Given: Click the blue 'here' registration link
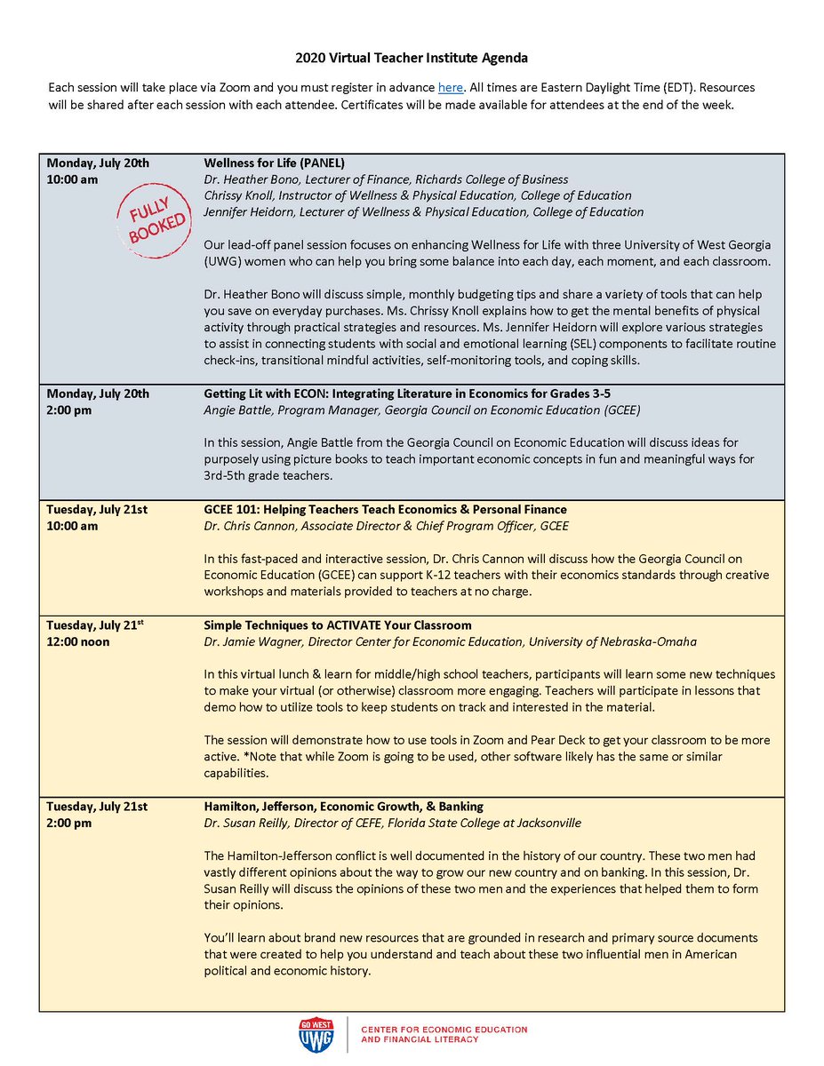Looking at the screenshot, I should click(x=450, y=88).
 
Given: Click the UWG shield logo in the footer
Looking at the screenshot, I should click(x=316, y=1034).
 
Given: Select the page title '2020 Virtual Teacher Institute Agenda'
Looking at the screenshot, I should click(x=412, y=59).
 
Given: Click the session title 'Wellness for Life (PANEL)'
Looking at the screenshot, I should click(x=275, y=163).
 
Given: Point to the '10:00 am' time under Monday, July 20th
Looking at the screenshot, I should click(x=72, y=179).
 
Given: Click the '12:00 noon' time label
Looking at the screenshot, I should click(x=78, y=641).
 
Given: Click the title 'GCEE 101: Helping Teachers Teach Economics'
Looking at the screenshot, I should click(x=385, y=509).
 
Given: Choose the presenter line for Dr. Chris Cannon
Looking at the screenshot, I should click(x=386, y=526).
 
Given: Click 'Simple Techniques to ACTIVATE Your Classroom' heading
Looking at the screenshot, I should click(x=338, y=625).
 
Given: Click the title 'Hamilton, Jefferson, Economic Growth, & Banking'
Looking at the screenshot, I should click(x=344, y=807).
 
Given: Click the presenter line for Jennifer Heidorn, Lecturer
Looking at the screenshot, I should click(x=423, y=211).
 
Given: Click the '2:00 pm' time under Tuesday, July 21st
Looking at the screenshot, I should click(x=69, y=823).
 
